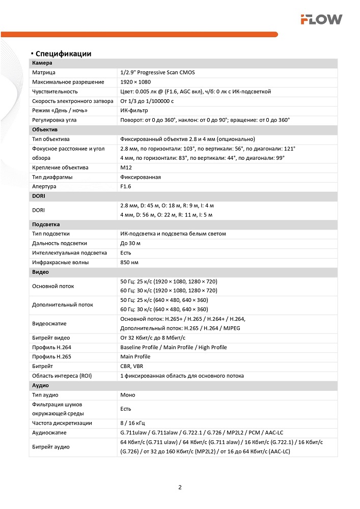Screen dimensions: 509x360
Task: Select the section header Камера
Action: click(42, 63)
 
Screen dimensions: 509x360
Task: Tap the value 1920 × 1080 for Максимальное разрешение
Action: click(135, 82)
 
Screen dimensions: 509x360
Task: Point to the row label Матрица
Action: click(43, 73)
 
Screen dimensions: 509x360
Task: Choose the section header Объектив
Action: click(45, 129)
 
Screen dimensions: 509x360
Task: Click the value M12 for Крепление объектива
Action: click(126, 167)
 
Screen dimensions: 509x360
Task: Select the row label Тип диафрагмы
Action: click(52, 177)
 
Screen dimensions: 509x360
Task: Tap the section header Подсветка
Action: click(46, 224)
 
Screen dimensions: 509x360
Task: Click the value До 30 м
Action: click(130, 243)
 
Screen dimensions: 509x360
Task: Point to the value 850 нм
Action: click(129, 263)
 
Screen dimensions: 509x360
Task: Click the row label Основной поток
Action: click(53, 286)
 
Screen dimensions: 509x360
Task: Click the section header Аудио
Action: click(41, 385)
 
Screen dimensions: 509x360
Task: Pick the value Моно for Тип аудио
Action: click(128, 395)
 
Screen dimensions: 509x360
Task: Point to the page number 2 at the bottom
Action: click(180, 487)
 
